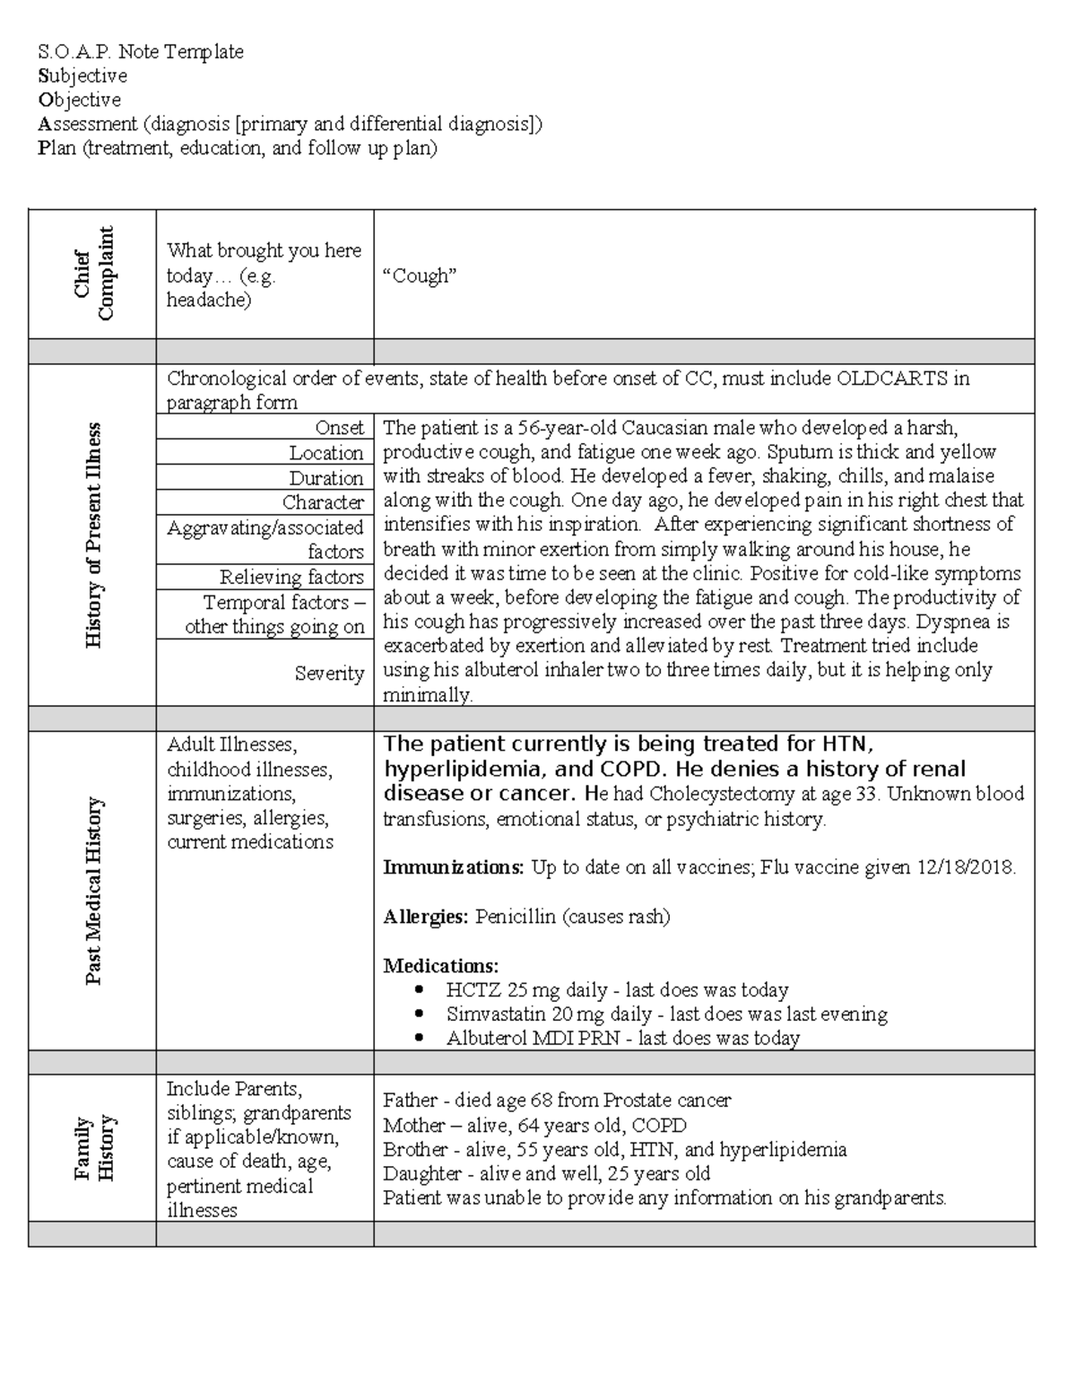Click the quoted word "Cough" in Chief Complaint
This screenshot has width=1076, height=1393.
[420, 276]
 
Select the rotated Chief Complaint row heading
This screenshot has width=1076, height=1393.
[94, 274]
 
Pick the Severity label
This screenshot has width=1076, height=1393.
[329, 673]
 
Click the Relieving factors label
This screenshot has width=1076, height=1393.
[291, 577]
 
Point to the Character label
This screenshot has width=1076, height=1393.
[323, 502]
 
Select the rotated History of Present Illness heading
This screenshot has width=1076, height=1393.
[94, 535]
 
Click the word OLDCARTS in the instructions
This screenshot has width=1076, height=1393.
[892, 379]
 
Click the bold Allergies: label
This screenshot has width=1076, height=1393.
[425, 917]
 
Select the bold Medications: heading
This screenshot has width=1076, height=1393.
[440, 966]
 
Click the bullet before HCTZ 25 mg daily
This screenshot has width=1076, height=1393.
[420, 990]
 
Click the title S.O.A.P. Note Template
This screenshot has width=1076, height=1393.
[141, 52]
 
